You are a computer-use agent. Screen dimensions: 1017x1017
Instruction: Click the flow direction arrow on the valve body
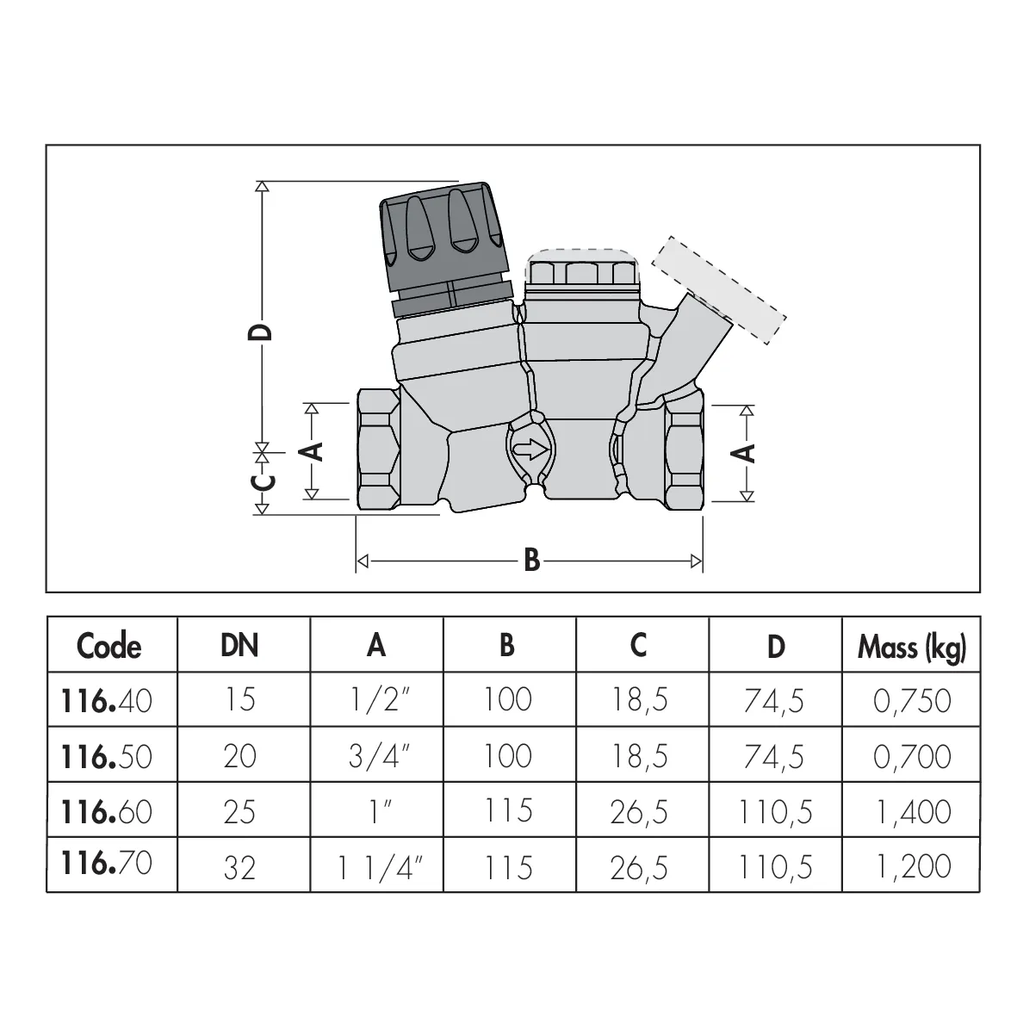coord(530,449)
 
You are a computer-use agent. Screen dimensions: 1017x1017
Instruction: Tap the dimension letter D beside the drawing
coord(261,332)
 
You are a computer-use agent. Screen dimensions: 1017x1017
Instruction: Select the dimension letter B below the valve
coord(532,560)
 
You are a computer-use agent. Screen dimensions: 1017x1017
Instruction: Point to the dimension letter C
coord(263,483)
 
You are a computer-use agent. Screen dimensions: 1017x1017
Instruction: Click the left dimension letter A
coord(313,451)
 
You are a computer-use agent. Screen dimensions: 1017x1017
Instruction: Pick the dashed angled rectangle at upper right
coord(718,289)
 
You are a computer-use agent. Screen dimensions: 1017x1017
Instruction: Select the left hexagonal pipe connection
coord(379,449)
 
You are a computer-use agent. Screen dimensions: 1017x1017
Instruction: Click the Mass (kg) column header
coord(911,647)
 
